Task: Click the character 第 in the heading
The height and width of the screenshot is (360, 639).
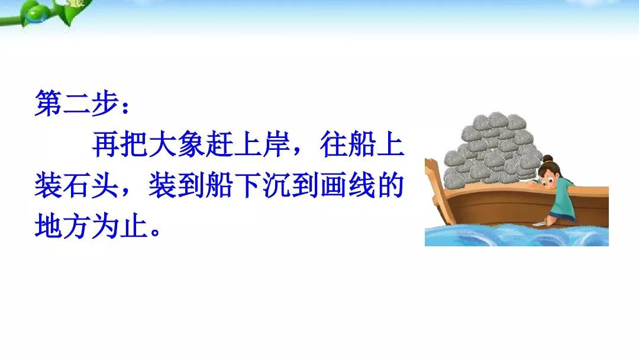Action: tap(49, 103)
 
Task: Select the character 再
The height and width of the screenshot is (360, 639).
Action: tap(105, 144)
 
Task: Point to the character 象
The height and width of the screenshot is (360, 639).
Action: tap(191, 144)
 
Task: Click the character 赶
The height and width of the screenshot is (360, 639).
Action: tap(220, 144)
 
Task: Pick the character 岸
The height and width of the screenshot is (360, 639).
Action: tap(277, 144)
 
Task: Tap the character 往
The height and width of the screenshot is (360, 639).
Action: tap(334, 144)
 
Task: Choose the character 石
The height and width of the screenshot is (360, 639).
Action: tap(77, 185)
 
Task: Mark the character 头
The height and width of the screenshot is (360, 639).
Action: tap(105, 185)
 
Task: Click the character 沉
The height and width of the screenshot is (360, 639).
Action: tap(277, 185)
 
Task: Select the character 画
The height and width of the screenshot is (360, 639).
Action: tap(334, 185)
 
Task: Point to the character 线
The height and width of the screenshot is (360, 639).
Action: tap(362, 185)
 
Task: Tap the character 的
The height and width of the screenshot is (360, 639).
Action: tap(391, 185)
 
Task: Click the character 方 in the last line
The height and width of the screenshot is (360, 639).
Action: tap(77, 226)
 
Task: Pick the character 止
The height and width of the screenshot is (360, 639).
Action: tap(134, 226)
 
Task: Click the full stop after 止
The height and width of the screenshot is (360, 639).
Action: tap(155, 232)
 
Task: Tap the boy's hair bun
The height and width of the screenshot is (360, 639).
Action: tap(548, 159)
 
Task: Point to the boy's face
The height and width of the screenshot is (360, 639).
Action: tap(548, 175)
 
